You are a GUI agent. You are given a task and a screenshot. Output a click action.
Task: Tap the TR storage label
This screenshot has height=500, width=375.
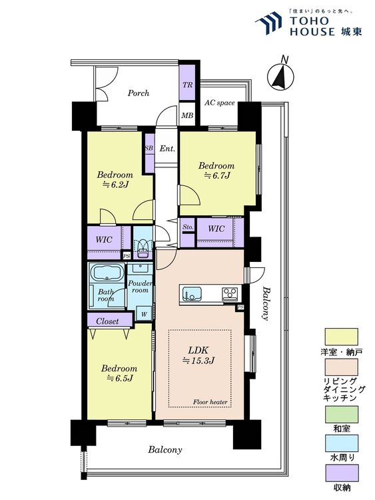[x=187, y=85]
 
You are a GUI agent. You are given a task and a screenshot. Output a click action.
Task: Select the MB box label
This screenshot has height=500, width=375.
[x=187, y=115]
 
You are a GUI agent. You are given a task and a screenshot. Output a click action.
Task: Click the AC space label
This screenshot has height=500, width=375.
[x=220, y=103]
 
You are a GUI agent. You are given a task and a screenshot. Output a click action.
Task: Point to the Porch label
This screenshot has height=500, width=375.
[x=139, y=93]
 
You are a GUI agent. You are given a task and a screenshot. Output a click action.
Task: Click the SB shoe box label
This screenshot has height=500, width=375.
[x=149, y=148]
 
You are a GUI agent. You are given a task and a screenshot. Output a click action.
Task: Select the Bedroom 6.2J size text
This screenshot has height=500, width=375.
[x=115, y=184]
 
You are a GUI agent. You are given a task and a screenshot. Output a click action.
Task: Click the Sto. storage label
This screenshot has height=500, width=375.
[x=188, y=227]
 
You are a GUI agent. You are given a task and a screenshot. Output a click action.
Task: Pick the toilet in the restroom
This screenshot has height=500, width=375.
[x=143, y=245]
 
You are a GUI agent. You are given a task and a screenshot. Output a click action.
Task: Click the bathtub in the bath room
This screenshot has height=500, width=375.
[x=107, y=273]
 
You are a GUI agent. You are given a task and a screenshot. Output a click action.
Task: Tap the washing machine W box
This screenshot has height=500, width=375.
[x=144, y=313]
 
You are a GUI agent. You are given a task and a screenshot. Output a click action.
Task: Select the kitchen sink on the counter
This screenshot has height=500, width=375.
[x=191, y=294]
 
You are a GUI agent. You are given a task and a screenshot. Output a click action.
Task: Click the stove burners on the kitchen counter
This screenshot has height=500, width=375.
[x=230, y=293]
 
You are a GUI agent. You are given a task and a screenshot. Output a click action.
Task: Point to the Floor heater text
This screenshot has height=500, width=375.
[x=210, y=402]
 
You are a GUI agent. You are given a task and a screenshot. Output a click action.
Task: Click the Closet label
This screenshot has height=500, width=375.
[x=107, y=321]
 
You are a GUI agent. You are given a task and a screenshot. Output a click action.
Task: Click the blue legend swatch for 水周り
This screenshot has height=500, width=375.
[x=342, y=443]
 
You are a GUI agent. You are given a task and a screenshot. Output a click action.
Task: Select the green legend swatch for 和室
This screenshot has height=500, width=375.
[x=342, y=414]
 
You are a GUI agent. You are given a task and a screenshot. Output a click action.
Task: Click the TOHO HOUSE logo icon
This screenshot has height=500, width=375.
[x=269, y=22]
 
